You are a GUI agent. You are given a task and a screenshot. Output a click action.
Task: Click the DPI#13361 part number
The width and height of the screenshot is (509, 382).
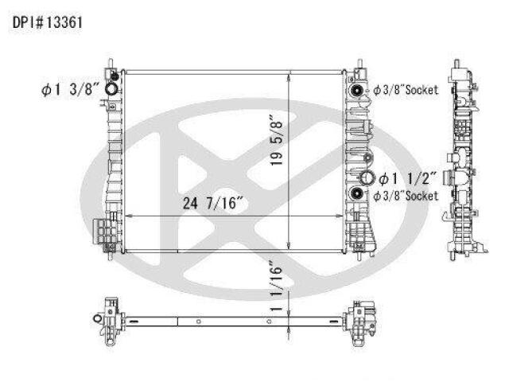48,23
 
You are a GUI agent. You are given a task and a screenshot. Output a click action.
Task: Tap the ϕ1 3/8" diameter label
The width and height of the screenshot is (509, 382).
70,89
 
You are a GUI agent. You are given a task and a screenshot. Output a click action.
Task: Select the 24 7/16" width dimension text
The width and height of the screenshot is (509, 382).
213,203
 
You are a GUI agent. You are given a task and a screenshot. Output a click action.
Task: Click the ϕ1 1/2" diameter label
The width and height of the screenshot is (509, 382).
407,178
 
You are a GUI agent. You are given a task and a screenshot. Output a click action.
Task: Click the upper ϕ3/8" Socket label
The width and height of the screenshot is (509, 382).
406,90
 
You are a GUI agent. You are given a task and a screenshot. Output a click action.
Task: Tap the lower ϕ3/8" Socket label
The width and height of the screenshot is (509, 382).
406,196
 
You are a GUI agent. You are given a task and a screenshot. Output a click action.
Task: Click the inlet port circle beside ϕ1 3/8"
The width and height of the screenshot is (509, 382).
111,88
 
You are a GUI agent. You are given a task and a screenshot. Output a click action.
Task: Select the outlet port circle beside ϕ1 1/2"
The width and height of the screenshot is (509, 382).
367,178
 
